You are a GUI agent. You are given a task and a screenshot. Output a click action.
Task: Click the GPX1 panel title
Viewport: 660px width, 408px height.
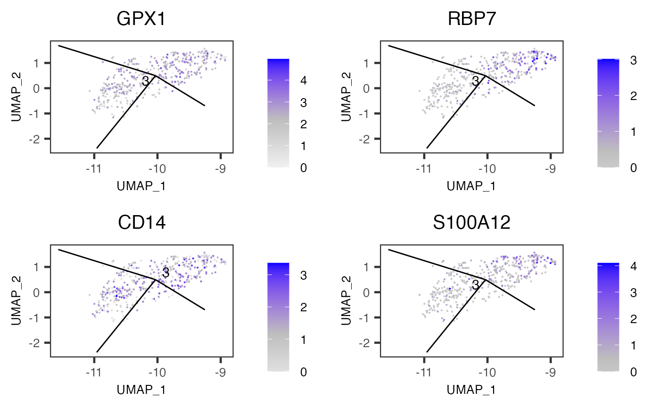click(141, 19)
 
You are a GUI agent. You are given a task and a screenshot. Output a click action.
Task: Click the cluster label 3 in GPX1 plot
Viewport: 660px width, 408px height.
click(146, 81)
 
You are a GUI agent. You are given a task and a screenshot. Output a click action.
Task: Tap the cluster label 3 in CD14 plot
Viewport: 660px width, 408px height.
click(165, 273)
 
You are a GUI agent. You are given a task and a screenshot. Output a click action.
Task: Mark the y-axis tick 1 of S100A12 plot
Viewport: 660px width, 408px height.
click(371, 267)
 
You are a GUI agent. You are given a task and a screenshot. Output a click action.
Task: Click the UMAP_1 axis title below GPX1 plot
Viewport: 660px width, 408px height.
click(141, 185)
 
